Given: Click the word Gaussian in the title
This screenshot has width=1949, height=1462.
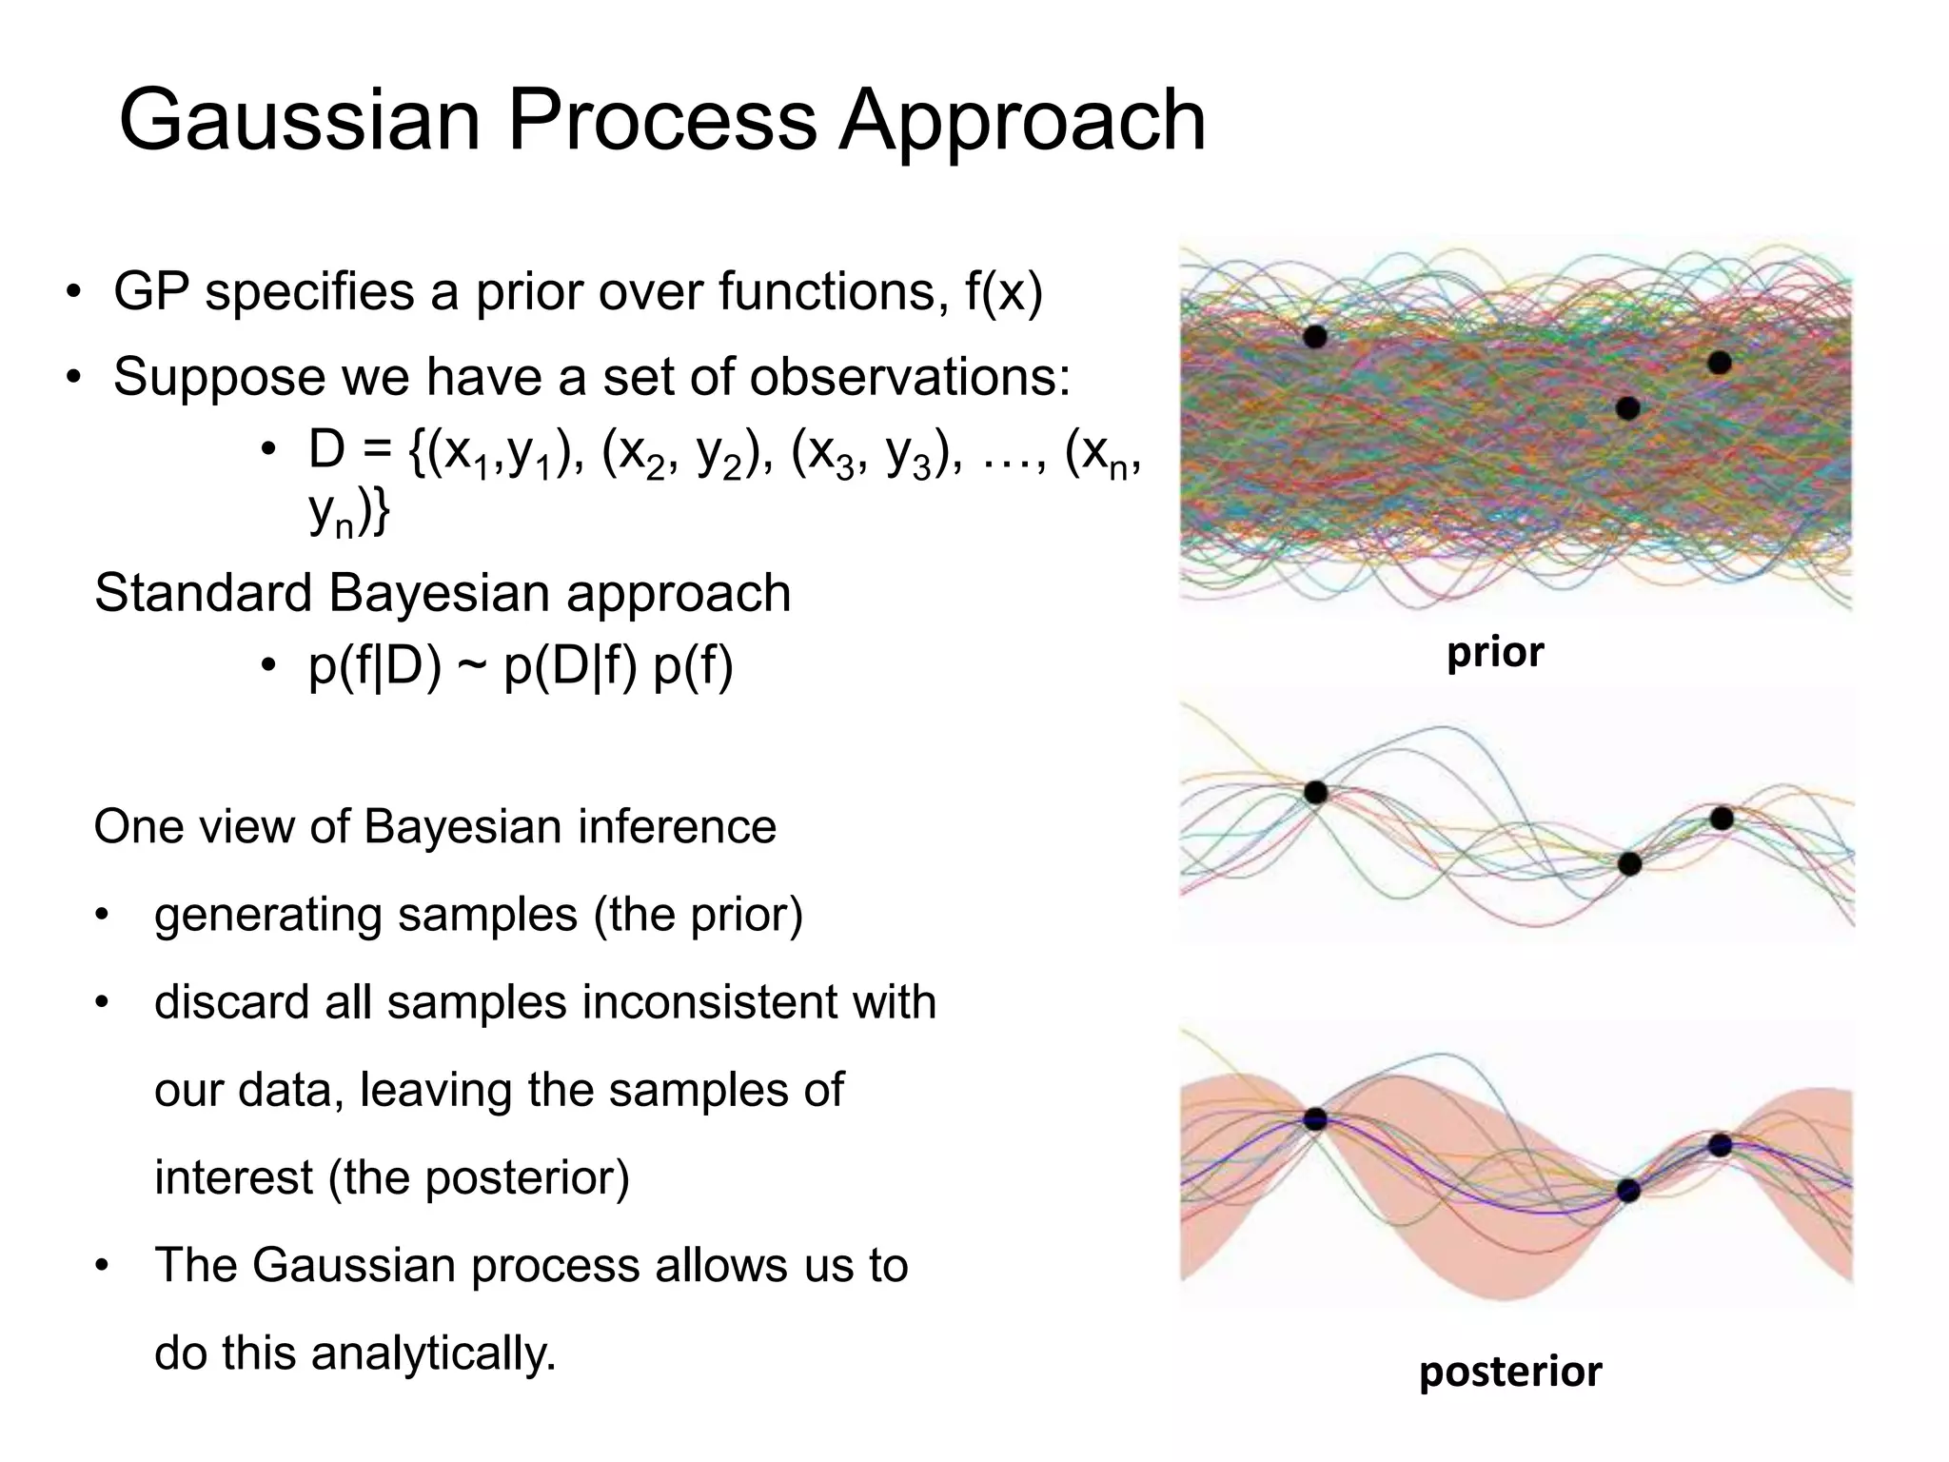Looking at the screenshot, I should (300, 121).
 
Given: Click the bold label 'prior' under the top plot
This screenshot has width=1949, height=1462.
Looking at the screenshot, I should (1494, 653).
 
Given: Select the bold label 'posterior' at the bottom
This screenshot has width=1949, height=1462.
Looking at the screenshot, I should (1510, 1372).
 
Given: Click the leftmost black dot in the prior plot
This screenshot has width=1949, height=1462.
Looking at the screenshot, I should (1315, 336).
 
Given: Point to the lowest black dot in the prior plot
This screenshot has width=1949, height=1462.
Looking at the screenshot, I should (1628, 408).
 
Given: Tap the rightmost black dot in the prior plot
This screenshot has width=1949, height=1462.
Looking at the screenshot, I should (1719, 363).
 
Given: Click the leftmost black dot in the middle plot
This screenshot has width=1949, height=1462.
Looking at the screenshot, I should (1315, 792).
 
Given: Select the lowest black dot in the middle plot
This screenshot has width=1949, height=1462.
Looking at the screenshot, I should (1629, 864).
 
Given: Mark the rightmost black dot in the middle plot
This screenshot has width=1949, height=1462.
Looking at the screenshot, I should (1721, 818).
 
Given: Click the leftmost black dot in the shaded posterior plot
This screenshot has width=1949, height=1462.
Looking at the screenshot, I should (1315, 1119).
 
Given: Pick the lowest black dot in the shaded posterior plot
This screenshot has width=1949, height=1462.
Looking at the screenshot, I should (1628, 1191).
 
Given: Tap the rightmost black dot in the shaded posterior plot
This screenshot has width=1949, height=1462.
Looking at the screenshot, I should (1720, 1145).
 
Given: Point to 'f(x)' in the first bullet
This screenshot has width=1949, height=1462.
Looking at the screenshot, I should (1003, 291).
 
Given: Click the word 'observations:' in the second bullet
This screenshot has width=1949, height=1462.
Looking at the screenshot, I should (909, 377).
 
